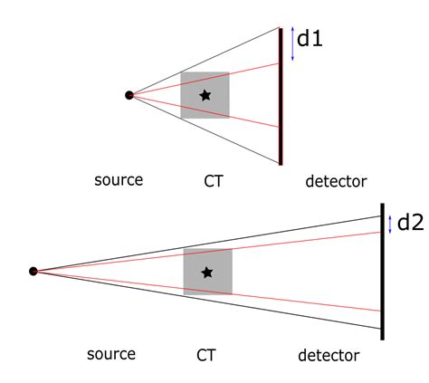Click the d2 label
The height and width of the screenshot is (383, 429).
410,222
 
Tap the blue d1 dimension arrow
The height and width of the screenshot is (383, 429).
292,44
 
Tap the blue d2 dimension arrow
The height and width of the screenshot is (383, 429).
390,224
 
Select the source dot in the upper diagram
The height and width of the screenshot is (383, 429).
129,94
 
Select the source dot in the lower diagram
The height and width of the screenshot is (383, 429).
33,271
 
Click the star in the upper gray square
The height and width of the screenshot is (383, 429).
205,94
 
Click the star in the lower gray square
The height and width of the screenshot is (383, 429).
207,272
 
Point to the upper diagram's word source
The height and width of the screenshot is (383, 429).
119,180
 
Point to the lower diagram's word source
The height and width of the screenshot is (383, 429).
111,354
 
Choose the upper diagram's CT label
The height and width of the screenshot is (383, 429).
213,181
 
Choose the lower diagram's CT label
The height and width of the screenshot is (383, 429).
206,355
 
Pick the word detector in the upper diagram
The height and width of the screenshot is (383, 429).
336,181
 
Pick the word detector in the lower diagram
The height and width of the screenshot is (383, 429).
329,356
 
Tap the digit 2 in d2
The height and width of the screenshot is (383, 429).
417,223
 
